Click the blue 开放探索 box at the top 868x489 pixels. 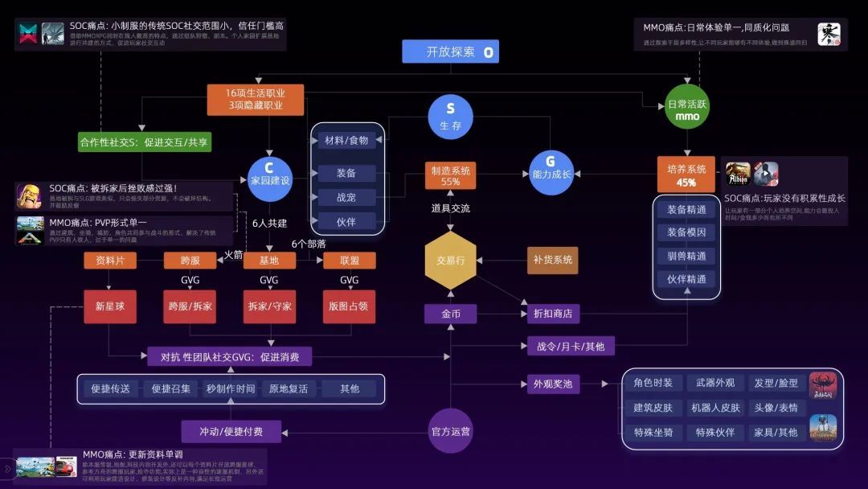click(450, 52)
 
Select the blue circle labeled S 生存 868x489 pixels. click(450, 117)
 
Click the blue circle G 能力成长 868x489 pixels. click(551, 167)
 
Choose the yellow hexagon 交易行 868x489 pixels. click(451, 261)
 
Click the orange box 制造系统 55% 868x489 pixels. click(451, 175)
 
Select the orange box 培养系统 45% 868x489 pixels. click(686, 175)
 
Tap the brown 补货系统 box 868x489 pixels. click(553, 261)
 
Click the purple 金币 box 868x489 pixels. click(451, 314)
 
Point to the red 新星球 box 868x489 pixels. click(111, 306)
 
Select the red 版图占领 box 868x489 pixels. click(349, 306)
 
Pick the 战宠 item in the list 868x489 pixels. click(346, 197)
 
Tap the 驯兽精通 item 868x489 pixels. click(686, 256)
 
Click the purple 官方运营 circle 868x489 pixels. click(451, 431)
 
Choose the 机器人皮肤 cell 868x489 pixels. click(715, 408)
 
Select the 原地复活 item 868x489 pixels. click(289, 388)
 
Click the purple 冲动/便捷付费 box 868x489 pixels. click(231, 432)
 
